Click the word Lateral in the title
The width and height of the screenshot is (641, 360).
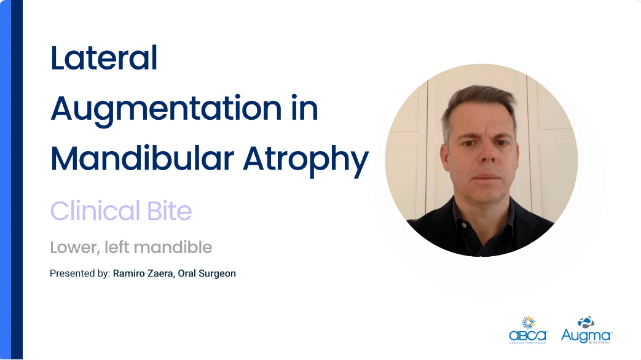click(x=104, y=59)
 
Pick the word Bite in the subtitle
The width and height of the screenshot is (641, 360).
click(x=168, y=211)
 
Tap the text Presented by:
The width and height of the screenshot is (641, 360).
click(x=79, y=273)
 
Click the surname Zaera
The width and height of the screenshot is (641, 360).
click(x=156, y=273)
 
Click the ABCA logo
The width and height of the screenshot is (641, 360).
click(x=528, y=330)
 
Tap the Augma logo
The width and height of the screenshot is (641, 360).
click(x=587, y=331)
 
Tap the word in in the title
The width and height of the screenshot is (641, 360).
click(x=307, y=109)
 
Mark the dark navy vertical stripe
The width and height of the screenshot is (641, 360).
click(x=17, y=180)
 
